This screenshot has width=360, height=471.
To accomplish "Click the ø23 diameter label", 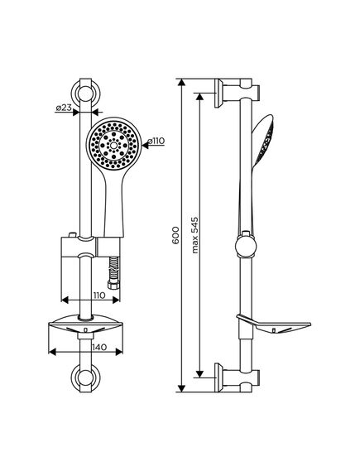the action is click(x=64, y=108).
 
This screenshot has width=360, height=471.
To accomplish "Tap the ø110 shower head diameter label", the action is click(x=156, y=141).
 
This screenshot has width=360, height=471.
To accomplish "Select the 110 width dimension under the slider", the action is click(x=99, y=296).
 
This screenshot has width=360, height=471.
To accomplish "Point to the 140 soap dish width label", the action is click(x=99, y=347).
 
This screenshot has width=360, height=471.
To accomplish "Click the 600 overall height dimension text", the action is click(x=175, y=235).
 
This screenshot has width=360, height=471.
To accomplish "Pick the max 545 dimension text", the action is click(x=195, y=235).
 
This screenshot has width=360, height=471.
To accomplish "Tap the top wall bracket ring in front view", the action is click(x=85, y=94).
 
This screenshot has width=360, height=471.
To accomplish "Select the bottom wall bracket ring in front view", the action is click(x=85, y=377).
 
